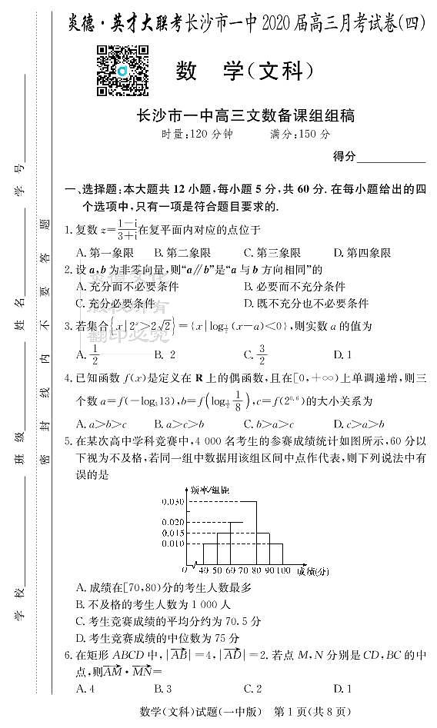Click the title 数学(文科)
click(245, 71)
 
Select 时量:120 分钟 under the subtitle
click(196, 135)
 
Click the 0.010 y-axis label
click(172, 544)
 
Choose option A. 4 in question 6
click(85, 689)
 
